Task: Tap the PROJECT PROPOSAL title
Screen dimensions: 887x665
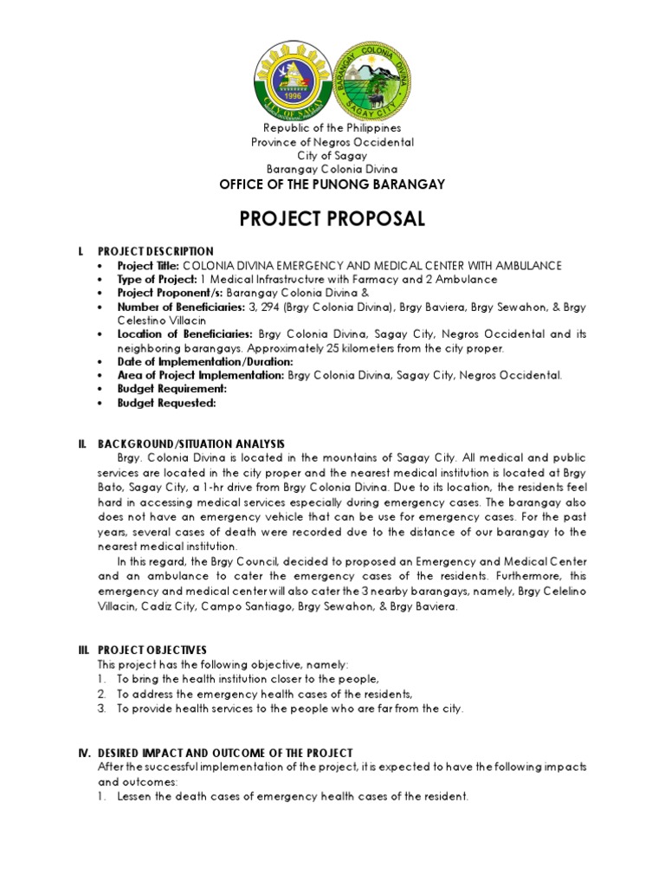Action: point(332,218)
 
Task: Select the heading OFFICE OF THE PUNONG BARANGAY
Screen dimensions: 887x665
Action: point(332,185)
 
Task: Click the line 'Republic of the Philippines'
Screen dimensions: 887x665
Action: point(332,127)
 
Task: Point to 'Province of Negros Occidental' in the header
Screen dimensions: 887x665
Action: point(332,141)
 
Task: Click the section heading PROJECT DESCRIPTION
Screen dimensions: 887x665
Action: point(155,251)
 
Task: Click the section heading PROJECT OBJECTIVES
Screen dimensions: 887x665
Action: point(152,650)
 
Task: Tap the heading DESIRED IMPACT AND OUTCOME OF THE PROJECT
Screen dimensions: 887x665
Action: point(225,753)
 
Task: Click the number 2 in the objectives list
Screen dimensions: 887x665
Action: point(101,695)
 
